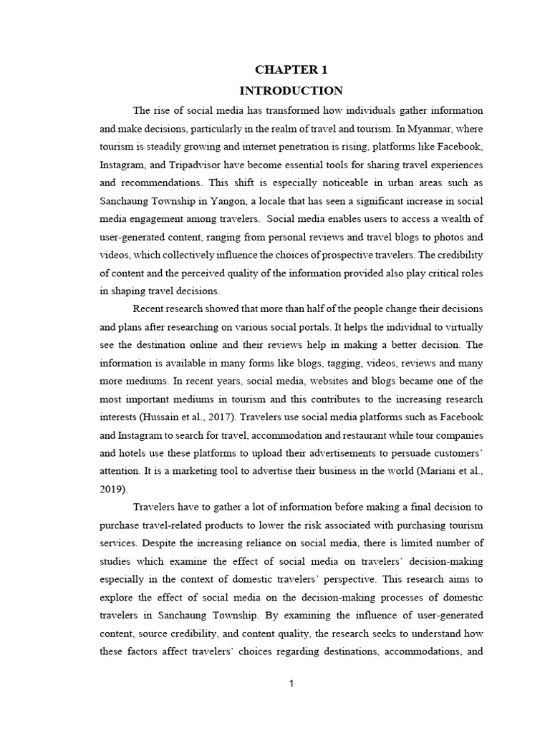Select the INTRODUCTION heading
[x=291, y=91]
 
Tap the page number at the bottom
[x=291, y=684]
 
